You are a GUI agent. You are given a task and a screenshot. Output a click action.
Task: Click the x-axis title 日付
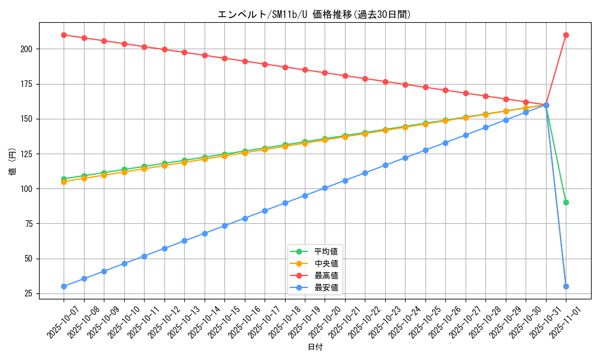(315, 347)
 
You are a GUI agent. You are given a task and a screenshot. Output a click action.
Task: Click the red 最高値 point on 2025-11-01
(566, 35)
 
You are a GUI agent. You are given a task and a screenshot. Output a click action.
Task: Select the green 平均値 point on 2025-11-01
(566, 202)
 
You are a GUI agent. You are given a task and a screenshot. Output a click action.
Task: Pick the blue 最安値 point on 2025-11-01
(566, 286)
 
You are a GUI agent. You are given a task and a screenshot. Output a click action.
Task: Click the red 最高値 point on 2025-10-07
(64, 35)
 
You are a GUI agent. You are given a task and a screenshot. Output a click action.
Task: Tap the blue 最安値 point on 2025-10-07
(64, 286)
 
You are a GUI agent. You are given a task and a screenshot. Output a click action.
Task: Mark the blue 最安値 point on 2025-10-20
(325, 188)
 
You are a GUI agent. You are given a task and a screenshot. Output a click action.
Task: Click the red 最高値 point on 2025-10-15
(224, 58)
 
